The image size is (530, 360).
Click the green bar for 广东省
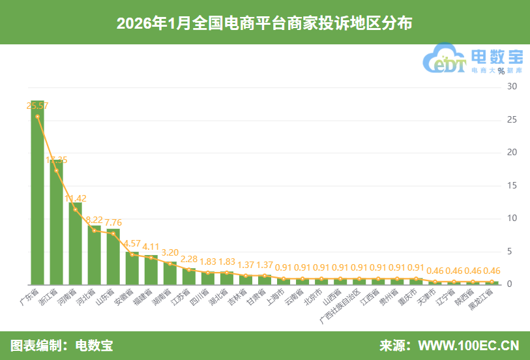pos(37,196)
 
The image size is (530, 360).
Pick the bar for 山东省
pos(113,258)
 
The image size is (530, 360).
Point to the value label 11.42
pos(75,198)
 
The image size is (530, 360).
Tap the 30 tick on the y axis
pos(512,86)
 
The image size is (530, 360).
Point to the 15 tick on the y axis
pos(512,185)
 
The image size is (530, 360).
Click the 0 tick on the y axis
pos(512,284)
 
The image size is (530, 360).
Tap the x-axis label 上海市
pos(275,297)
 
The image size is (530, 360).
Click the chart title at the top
pos(265,23)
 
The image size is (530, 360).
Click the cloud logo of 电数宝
pos(445,59)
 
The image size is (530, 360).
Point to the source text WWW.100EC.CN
pos(468,345)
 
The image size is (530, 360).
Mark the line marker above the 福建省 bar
pos(151,258)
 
